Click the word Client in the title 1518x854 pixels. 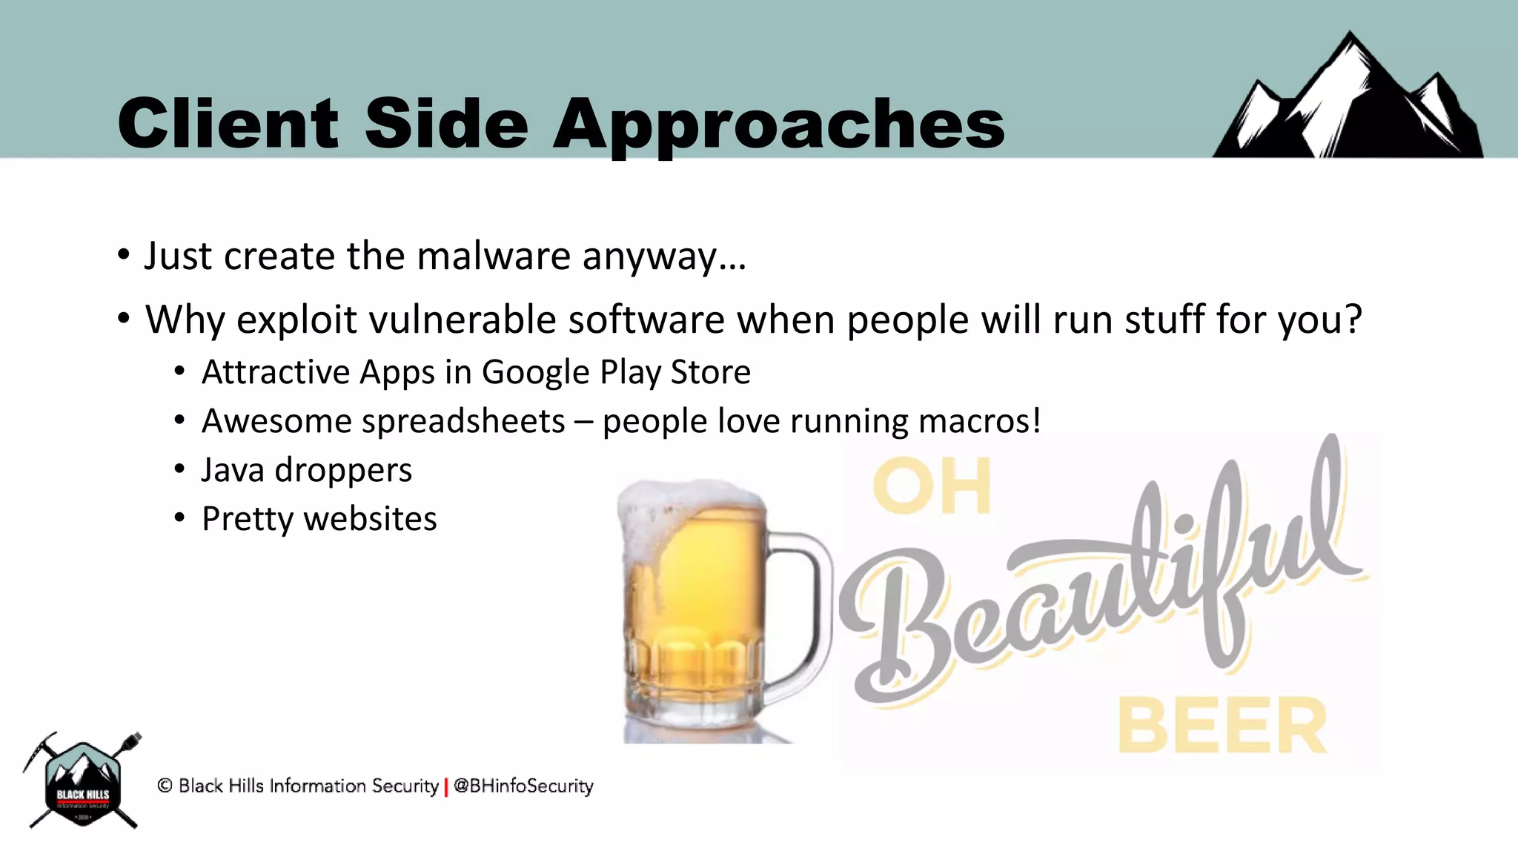[x=228, y=123]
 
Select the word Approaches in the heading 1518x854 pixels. [x=778, y=125]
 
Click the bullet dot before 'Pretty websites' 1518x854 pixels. [x=179, y=518]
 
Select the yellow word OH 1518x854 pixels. [x=932, y=487]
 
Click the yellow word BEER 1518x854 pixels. [x=1222, y=726]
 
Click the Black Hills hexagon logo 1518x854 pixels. [x=82, y=783]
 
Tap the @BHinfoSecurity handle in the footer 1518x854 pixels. [x=524, y=786]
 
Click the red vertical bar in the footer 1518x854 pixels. [x=446, y=787]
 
